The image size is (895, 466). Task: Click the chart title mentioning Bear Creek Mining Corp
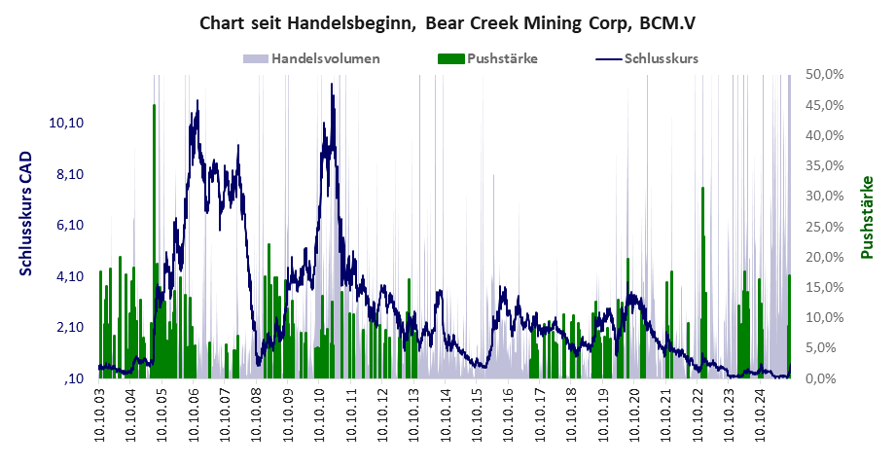pyautogui.click(x=447, y=22)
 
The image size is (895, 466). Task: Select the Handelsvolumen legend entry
pyautogui.click(x=325, y=58)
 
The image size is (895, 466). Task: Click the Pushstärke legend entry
pyautogui.click(x=502, y=58)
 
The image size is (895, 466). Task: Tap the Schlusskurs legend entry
pyautogui.click(x=661, y=58)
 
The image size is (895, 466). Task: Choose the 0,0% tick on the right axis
pyautogui.click(x=827, y=378)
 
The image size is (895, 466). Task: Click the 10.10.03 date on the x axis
pyautogui.click(x=100, y=415)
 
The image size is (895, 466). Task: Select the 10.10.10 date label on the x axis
pyautogui.click(x=321, y=415)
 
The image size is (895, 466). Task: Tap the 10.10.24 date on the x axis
pyautogui.click(x=763, y=415)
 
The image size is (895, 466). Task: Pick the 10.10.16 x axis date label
pyautogui.click(x=510, y=415)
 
